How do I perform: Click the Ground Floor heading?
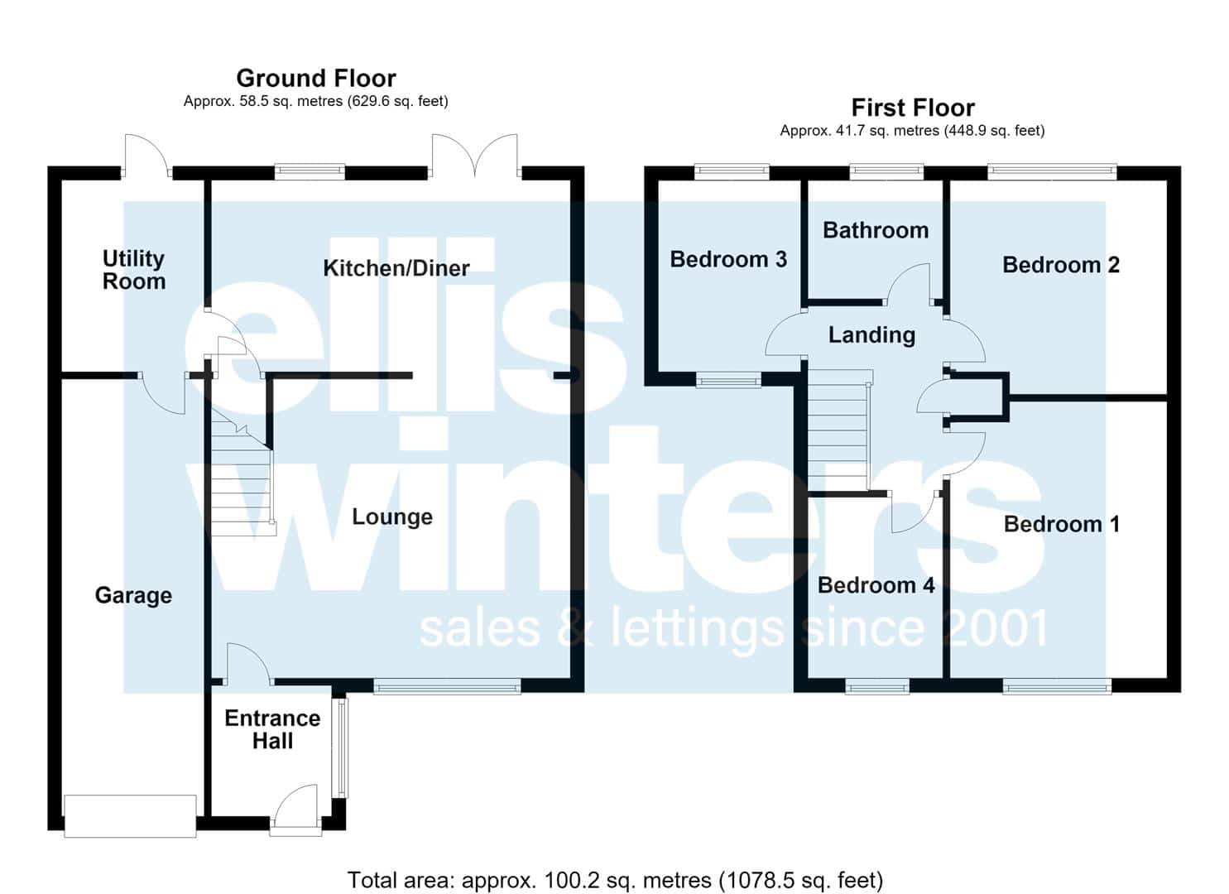tap(316, 79)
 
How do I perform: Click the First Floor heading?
tap(913, 108)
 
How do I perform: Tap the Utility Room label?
tap(134, 270)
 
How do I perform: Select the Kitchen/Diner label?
tap(396, 268)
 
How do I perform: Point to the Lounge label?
tap(392, 517)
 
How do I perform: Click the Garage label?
tap(133, 595)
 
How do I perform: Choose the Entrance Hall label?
tap(272, 729)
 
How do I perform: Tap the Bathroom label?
tap(876, 230)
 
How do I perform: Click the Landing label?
tap(871, 335)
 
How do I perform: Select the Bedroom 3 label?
tap(728, 259)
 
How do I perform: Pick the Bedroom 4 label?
tap(876, 585)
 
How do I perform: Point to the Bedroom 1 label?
tap(1062, 524)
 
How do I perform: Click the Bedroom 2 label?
tap(1060, 265)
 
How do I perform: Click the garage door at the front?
tap(130, 816)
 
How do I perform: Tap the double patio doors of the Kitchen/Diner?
tap(475, 156)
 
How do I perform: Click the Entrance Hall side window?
tap(343, 747)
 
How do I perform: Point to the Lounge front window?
tap(447, 686)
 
